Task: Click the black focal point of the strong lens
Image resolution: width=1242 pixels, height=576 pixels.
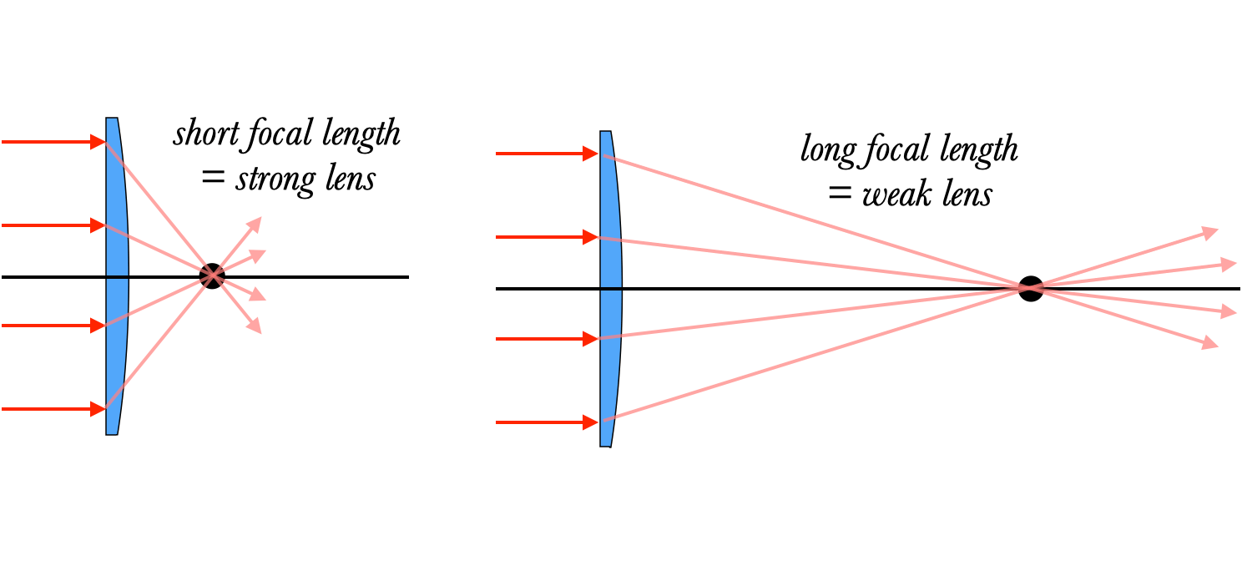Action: point(213,275)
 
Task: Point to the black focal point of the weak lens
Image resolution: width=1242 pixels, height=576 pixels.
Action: point(1031,288)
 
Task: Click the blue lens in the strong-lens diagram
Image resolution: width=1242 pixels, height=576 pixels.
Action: point(116,275)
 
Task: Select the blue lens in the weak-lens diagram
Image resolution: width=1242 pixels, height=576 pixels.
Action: point(610,288)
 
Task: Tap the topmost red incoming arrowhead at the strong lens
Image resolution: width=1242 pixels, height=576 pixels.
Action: point(98,142)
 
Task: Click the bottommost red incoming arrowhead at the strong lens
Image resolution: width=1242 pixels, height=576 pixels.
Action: point(98,409)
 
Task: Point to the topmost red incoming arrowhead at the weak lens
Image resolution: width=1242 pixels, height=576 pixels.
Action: point(591,154)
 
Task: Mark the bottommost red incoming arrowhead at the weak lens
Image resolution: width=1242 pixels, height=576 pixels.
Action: point(591,422)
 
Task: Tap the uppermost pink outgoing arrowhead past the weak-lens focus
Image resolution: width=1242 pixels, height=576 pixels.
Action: point(1211,232)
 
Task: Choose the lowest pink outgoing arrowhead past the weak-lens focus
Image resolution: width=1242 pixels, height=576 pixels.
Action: point(1211,342)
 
